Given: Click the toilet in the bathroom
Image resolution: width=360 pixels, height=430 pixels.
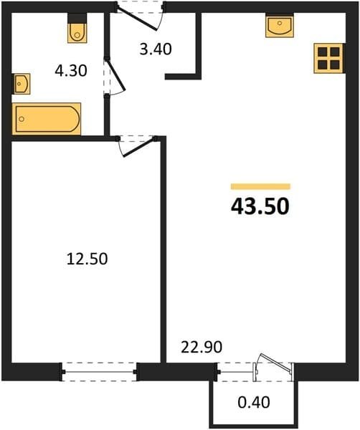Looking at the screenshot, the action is (x=77, y=33).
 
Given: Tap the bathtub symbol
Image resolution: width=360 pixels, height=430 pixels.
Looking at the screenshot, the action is (x=47, y=119).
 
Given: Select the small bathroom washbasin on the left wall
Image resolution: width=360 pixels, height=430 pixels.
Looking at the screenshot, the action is (x=22, y=84).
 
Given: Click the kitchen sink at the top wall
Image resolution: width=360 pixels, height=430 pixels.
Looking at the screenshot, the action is (x=280, y=26).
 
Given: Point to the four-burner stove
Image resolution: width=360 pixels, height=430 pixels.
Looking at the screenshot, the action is (x=328, y=59).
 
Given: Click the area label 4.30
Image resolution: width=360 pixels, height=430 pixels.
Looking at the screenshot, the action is (x=71, y=71).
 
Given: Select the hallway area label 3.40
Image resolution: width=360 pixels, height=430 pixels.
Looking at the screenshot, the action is (x=156, y=49).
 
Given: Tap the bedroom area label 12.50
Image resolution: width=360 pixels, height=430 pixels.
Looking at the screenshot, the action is (x=87, y=259).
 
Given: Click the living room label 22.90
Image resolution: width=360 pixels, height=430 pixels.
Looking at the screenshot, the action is (x=202, y=347).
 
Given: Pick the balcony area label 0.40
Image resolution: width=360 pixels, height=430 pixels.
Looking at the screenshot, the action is (x=254, y=402).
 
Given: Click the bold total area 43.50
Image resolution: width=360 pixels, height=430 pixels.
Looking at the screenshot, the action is (x=260, y=206).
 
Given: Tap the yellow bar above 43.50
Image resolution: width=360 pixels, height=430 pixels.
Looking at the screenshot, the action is (x=260, y=186).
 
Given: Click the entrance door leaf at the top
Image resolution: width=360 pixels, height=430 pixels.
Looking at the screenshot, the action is (x=137, y=19).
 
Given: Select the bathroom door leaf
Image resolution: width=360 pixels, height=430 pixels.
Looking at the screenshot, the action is (x=116, y=74).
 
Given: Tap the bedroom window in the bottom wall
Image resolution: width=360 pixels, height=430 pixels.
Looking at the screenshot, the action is (x=100, y=372).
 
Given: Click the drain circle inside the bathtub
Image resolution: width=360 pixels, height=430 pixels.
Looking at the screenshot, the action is (x=22, y=119).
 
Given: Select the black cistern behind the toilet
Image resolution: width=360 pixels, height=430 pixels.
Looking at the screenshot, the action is (x=77, y=18).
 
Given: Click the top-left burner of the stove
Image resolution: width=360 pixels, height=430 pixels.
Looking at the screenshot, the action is (x=322, y=52).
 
